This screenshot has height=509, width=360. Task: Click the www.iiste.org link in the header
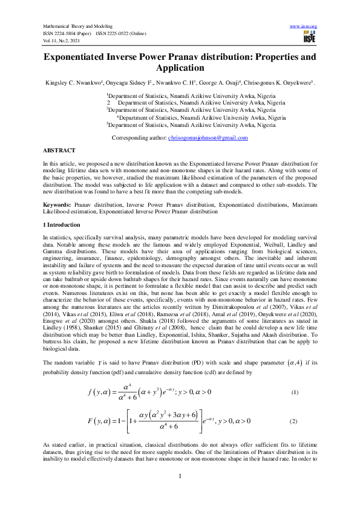[304, 26]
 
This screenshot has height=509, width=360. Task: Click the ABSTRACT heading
[59, 150]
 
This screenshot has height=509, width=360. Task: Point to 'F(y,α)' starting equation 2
[99, 420]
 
